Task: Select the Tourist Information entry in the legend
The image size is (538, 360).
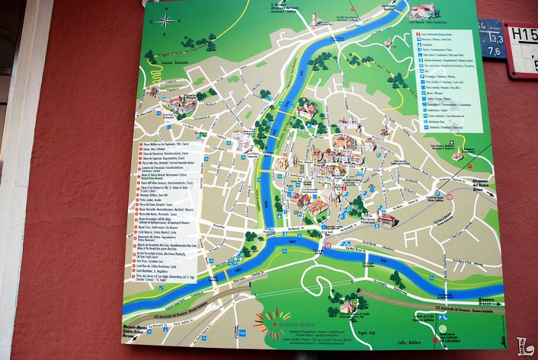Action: click(x=438, y=34)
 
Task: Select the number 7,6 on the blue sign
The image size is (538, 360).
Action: click(x=492, y=50)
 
